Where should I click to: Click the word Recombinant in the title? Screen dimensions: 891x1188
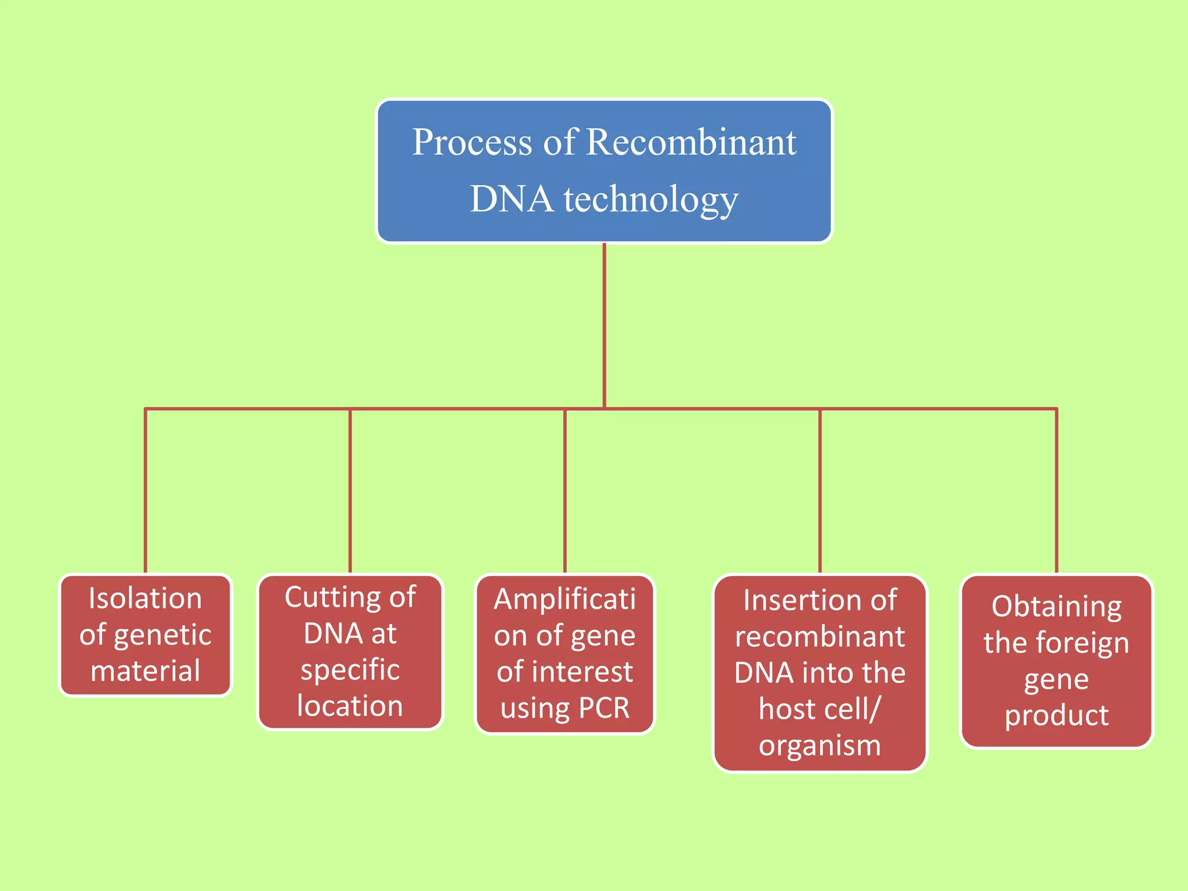pyautogui.click(x=691, y=142)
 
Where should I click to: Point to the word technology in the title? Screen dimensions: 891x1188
pyautogui.click(x=651, y=200)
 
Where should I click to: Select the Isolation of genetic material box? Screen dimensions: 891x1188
pyautogui.click(x=146, y=635)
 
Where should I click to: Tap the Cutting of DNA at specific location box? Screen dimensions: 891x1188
pyautogui.click(x=350, y=651)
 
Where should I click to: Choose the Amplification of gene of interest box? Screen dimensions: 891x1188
pyautogui.click(x=564, y=654)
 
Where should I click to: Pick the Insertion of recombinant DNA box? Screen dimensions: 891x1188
pyautogui.click(x=820, y=673)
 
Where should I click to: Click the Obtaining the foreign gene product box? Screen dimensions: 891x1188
pyautogui.click(x=1056, y=661)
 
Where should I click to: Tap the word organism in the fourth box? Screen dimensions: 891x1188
pyautogui.click(x=820, y=745)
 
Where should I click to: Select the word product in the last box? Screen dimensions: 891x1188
pyautogui.click(x=1056, y=715)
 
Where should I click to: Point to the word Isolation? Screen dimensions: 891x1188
pyautogui.click(x=146, y=599)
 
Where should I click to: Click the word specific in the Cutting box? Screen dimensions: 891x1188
pyautogui.click(x=350, y=670)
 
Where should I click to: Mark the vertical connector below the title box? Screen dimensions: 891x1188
pyautogui.click(x=604, y=325)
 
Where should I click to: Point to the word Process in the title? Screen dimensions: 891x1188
pyautogui.click(x=472, y=142)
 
